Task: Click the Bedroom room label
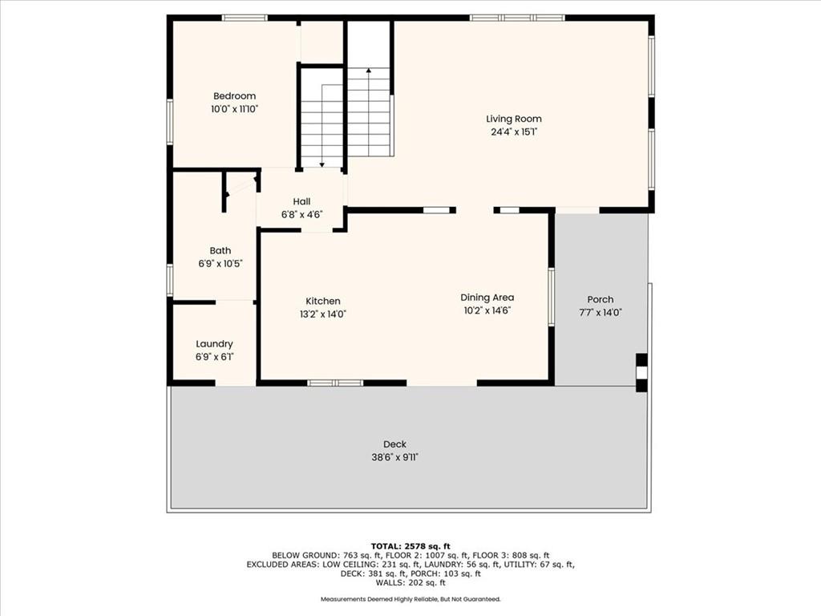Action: [x=235, y=96]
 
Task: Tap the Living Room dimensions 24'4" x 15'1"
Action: [x=514, y=132]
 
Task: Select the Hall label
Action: [x=301, y=201]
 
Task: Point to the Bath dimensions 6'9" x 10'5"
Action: [x=220, y=263]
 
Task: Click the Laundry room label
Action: [x=214, y=344]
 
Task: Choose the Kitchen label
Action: [x=323, y=302]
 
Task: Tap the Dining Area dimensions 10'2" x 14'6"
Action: [x=487, y=310]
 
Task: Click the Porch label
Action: [x=600, y=300]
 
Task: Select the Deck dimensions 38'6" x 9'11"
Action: [x=394, y=457]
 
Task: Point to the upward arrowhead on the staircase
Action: [x=369, y=71]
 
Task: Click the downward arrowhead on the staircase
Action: [x=322, y=164]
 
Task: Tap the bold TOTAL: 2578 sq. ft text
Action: [x=410, y=546]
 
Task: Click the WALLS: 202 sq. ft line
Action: [x=410, y=582]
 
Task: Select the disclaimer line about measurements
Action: [x=410, y=598]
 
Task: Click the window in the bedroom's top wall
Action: [x=245, y=18]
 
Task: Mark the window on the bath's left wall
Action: [x=170, y=279]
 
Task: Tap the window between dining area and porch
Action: [x=551, y=297]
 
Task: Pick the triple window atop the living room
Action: [x=517, y=18]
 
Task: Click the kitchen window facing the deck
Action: [x=335, y=383]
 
